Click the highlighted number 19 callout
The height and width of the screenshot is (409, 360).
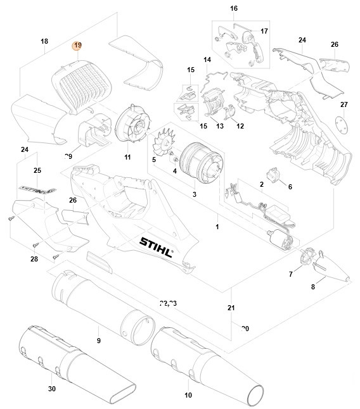click(77, 46)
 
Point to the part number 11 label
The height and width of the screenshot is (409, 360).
click(127, 157)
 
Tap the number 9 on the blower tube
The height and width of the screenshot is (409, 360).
click(98, 341)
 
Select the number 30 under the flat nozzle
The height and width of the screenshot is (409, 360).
click(51, 389)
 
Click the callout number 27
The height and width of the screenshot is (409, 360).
click(344, 104)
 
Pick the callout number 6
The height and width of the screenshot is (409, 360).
click(290, 187)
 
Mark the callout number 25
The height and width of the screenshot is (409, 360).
click(37, 171)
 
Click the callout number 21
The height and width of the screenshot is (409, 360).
click(231, 308)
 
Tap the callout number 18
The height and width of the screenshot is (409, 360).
click(44, 41)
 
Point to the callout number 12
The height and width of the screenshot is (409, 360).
click(240, 127)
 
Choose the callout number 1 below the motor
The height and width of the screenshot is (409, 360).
click(216, 226)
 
